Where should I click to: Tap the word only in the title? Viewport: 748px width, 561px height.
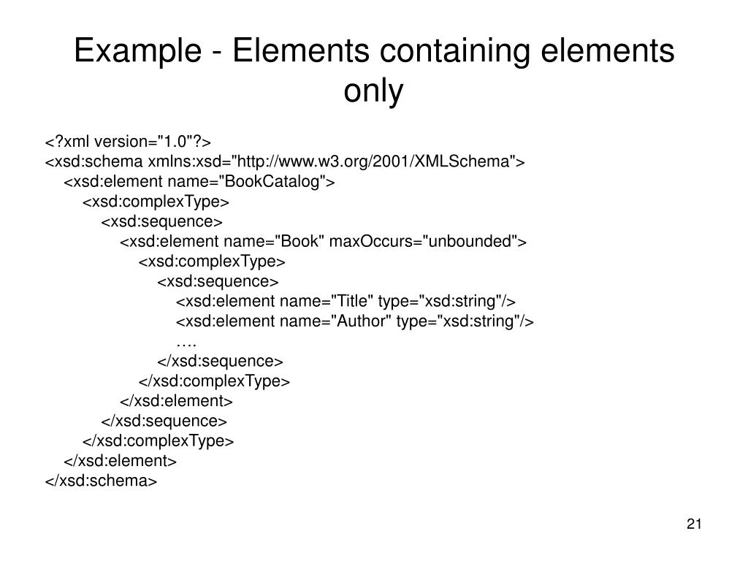click(373, 91)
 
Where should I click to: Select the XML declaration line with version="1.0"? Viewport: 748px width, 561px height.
click(128, 142)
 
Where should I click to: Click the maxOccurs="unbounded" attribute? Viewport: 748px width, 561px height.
click(424, 242)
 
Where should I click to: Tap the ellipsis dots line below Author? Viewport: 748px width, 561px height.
click(186, 341)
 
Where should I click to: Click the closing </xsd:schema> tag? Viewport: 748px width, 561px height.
click(102, 481)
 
